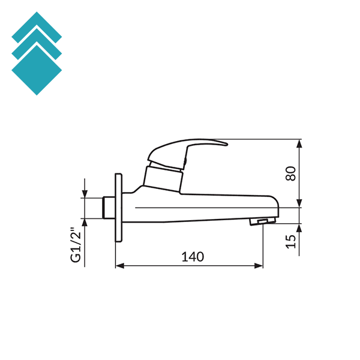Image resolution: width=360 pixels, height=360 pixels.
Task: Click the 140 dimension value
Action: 193,257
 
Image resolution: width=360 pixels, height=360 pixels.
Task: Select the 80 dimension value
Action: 290,173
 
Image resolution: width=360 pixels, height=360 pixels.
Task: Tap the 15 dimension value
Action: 290,241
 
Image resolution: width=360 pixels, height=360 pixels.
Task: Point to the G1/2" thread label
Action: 76,245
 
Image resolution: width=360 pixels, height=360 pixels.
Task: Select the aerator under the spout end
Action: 260,222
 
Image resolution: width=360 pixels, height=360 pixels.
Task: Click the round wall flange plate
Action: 118,207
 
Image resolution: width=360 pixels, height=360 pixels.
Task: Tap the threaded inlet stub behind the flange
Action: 108,207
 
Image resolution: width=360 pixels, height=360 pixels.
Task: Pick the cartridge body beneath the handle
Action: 163,179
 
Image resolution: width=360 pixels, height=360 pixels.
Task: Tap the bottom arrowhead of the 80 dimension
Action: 299,204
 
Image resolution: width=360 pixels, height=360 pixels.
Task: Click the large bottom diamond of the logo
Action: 37,71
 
